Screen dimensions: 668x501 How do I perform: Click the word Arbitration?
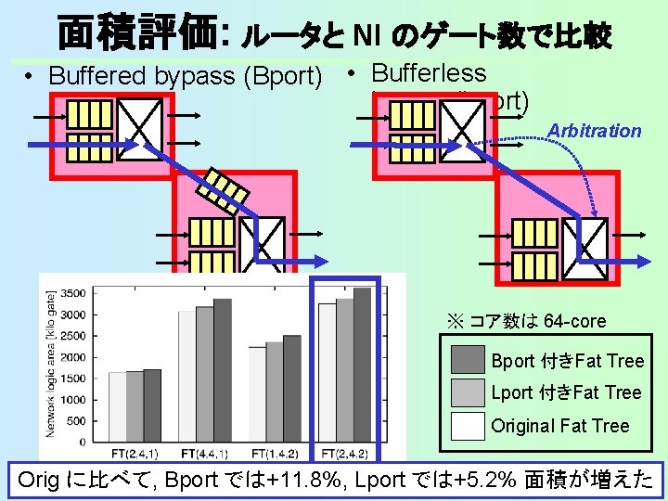pos(595,131)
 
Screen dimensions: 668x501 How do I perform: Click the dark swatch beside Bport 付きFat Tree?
pos(468,360)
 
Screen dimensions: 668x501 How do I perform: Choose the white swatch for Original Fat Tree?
pos(468,425)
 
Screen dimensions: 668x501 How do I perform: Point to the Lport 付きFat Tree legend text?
pos(566,392)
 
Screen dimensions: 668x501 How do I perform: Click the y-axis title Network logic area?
pos(52,362)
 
